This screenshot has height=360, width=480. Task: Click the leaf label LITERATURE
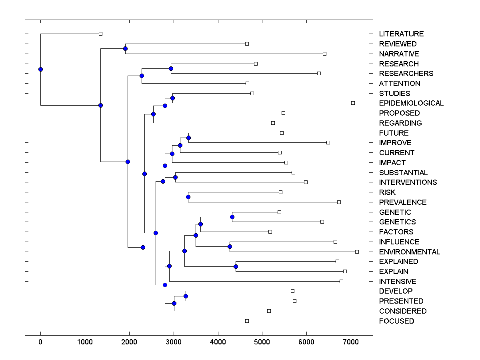(x=401, y=34)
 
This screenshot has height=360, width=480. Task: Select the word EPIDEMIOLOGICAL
(x=411, y=103)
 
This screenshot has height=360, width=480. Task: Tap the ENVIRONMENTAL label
(x=409, y=252)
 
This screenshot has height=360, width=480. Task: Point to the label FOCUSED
(x=396, y=321)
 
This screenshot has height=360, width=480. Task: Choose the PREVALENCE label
(x=402, y=202)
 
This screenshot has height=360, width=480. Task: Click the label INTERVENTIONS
(x=408, y=182)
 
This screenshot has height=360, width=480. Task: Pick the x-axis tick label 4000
(x=218, y=342)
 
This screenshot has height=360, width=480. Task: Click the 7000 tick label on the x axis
(x=351, y=342)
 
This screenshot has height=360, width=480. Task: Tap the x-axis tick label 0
(x=40, y=342)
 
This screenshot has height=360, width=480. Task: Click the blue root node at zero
(x=40, y=69)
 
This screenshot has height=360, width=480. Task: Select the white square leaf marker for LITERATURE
(x=100, y=34)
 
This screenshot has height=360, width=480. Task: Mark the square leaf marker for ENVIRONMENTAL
(x=357, y=252)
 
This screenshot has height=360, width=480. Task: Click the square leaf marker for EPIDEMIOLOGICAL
(x=353, y=103)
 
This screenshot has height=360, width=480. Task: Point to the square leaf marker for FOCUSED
(x=247, y=321)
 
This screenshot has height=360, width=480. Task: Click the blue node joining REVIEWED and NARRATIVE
(x=125, y=48)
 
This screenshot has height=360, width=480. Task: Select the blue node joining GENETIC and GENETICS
(x=232, y=217)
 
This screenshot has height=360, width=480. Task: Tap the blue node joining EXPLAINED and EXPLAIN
(x=236, y=266)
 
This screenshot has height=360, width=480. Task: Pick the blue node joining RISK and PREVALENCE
(x=188, y=197)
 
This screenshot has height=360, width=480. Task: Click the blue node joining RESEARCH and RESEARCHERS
(x=171, y=68)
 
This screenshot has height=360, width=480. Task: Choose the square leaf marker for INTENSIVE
(x=341, y=281)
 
